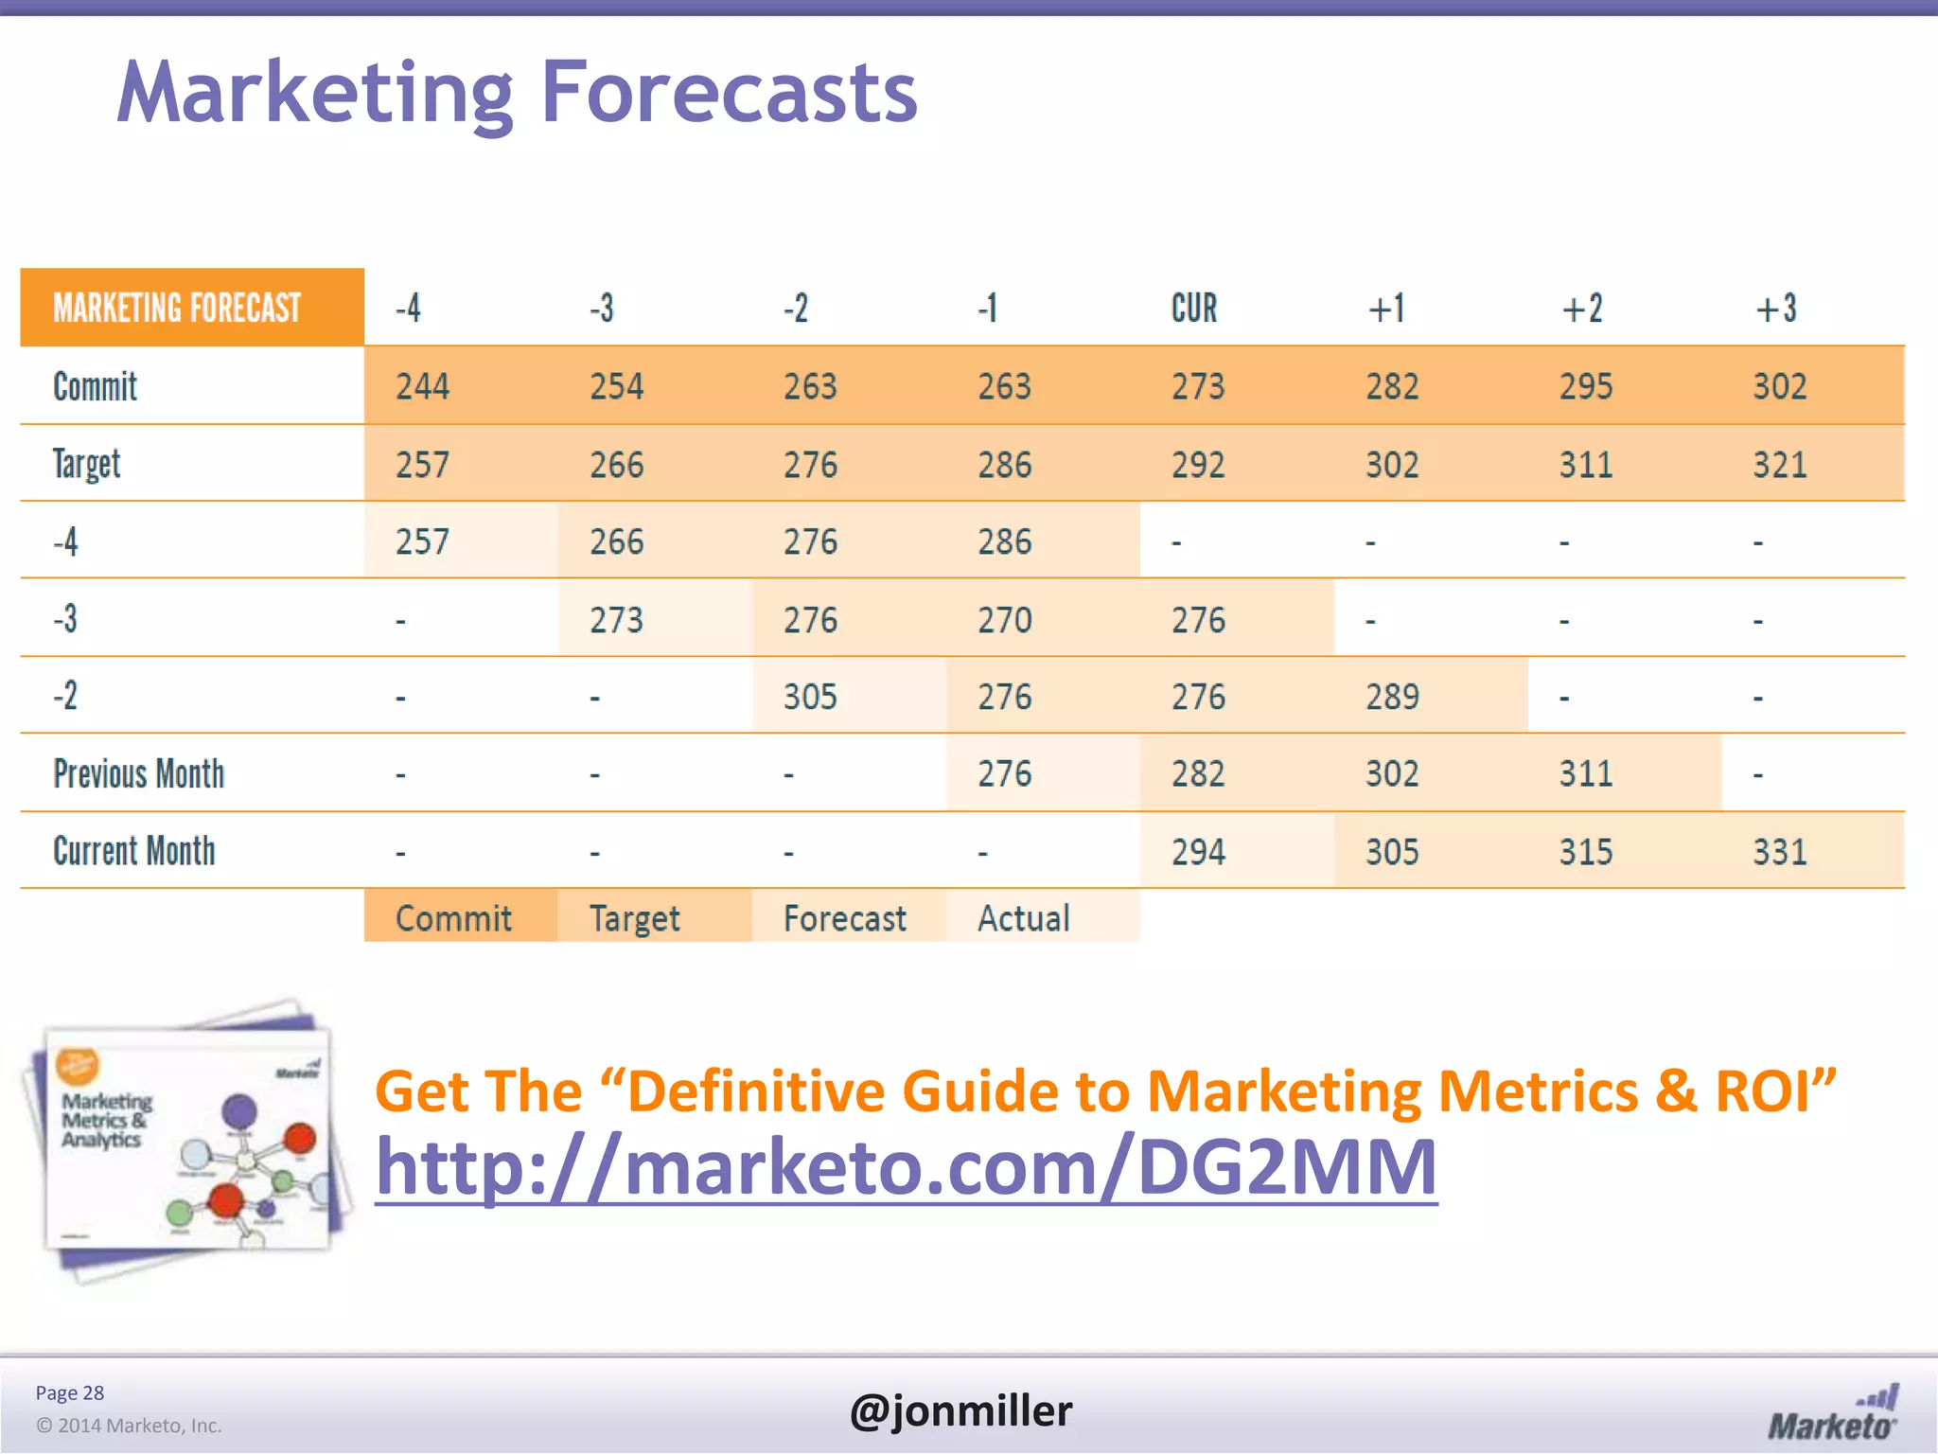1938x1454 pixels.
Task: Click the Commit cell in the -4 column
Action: (422, 386)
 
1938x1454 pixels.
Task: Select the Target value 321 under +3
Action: (1779, 465)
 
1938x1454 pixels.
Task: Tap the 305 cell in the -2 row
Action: (810, 697)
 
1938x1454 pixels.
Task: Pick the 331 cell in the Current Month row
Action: (1779, 852)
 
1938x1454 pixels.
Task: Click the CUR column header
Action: (1194, 309)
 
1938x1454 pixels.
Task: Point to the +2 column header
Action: (1582, 309)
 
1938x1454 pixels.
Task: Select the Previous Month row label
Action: (139, 774)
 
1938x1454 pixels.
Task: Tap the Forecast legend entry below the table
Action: (844, 918)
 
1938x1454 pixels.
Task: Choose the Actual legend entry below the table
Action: (1024, 918)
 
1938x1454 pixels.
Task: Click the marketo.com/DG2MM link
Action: (906, 1167)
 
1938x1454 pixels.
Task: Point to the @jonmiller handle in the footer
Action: (960, 1410)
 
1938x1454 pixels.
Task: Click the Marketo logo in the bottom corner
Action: (1832, 1414)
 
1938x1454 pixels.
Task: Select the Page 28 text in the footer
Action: (70, 1392)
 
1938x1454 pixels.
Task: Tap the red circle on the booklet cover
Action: (299, 1137)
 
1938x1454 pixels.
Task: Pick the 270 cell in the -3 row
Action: (1004, 620)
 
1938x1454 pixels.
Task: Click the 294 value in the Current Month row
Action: (1198, 852)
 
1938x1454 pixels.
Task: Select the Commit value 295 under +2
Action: (1586, 386)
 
